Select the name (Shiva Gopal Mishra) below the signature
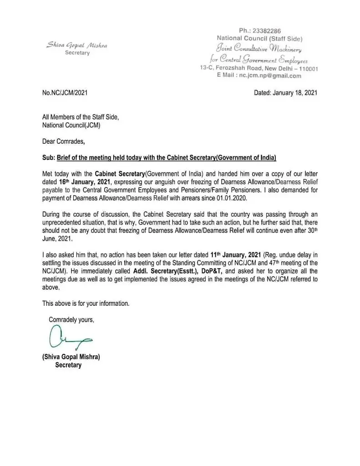[x=71, y=357]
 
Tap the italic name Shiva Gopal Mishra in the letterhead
[x=77, y=46]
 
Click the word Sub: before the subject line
[x=48, y=157]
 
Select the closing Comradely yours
[x=71, y=319]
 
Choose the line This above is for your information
[x=86, y=303]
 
